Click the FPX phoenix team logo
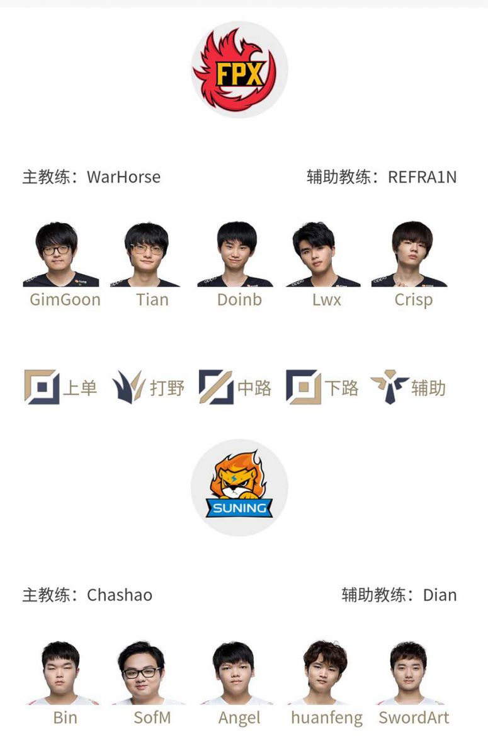pyautogui.click(x=235, y=69)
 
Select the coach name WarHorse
pyautogui.click(x=124, y=177)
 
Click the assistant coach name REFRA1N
pyautogui.click(x=423, y=177)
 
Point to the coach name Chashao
pyautogui.click(x=120, y=595)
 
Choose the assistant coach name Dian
pyautogui.click(x=440, y=595)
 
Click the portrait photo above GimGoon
pyautogui.click(x=60, y=254)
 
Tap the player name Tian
pyautogui.click(x=152, y=300)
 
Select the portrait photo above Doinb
pyautogui.click(x=235, y=254)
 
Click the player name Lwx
pyautogui.click(x=326, y=300)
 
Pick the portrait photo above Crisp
pyautogui.click(x=409, y=254)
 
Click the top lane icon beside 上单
pyautogui.click(x=42, y=387)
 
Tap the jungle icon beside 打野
pyautogui.click(x=129, y=387)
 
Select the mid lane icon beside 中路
pyautogui.click(x=216, y=387)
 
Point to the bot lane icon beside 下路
pyautogui.click(x=304, y=387)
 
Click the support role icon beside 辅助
pyautogui.click(x=390, y=387)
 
